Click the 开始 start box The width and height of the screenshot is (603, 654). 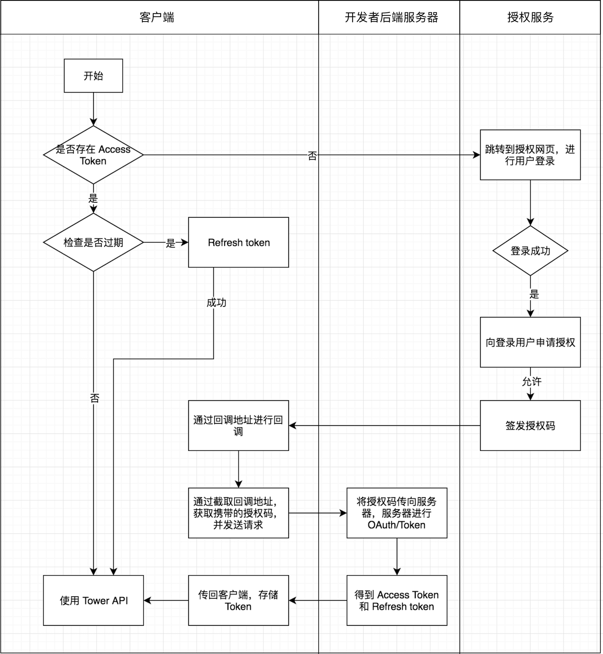click(93, 75)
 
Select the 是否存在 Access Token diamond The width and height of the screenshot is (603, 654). click(93, 155)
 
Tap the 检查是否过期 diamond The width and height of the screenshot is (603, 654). click(93, 242)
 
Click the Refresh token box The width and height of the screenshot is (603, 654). click(238, 242)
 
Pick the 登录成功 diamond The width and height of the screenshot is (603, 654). click(530, 250)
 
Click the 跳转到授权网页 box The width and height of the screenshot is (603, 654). click(530, 155)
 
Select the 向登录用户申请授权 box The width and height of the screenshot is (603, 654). click(530, 342)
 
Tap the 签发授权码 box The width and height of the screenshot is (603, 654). click(530, 425)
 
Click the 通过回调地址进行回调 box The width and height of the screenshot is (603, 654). click(238, 425)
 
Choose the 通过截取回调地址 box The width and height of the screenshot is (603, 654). click(238, 513)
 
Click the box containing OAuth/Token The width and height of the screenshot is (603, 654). click(397, 513)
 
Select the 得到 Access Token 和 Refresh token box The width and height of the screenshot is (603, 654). click(397, 600)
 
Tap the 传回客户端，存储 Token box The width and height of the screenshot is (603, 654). click(238, 600)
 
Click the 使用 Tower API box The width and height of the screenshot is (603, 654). click(93, 600)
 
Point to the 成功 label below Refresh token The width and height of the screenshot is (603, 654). click(216, 303)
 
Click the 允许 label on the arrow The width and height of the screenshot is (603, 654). click(532, 382)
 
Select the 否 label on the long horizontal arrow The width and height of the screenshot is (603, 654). click(312, 156)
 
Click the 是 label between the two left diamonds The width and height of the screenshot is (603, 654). click(93, 199)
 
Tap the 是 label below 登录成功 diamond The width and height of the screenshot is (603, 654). click(534, 294)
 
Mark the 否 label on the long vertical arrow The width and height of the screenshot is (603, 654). click(95, 399)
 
